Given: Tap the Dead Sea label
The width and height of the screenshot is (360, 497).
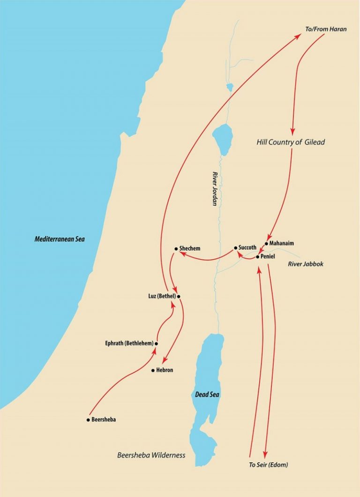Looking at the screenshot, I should point(207,394).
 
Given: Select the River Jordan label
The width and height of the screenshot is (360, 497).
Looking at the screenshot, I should point(215,187).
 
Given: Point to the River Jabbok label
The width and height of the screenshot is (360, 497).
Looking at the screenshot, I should point(305,264).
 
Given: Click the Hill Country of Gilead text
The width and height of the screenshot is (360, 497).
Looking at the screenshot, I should point(291,142).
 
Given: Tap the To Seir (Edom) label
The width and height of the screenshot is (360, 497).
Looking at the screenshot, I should point(268,465).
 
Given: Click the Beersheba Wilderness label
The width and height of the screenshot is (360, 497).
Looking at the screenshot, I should point(151,455).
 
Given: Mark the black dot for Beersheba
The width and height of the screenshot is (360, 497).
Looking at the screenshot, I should point(88,420).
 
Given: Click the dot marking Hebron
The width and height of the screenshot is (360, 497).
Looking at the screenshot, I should point(153,371).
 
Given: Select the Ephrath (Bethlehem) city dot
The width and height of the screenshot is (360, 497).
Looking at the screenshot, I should point(156,343).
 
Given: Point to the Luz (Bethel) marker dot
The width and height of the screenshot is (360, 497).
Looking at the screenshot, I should point(179,296).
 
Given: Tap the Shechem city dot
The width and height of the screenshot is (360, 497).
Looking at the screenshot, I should point(175,248).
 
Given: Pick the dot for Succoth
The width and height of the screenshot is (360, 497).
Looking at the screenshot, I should point(235,247).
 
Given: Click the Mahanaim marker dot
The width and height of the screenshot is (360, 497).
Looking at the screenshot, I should point(266,244).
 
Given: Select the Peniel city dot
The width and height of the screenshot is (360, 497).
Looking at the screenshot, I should point(257,257).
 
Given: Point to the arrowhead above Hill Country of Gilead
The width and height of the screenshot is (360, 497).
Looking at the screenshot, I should point(293,132).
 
